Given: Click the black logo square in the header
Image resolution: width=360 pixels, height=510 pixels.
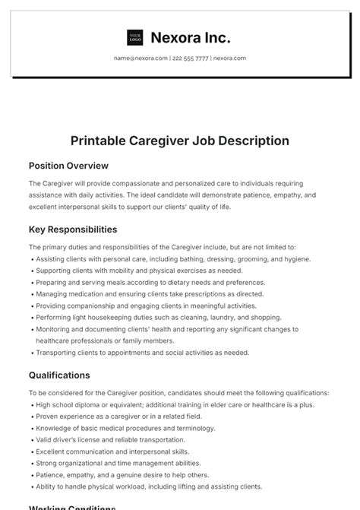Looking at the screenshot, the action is click(134, 38).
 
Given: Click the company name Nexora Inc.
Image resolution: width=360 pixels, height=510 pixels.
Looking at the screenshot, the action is click(191, 38).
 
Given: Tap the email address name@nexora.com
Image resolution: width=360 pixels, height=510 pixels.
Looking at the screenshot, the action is click(141, 59).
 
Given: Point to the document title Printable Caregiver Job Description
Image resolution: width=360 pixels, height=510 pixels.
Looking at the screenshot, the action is click(180, 141).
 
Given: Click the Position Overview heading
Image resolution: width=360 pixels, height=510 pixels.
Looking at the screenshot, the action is click(68, 166).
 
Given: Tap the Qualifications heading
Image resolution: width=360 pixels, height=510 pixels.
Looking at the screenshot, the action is click(59, 375).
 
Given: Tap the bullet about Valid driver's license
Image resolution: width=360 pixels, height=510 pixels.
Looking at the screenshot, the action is click(111, 440).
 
